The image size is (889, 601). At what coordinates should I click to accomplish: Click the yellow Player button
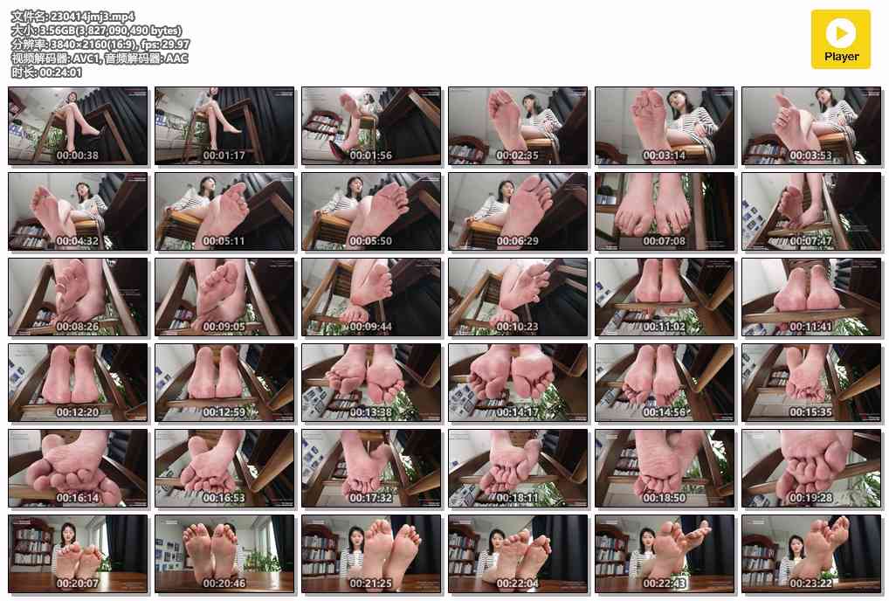point(840,39)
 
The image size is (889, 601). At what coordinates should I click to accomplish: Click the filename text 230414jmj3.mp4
point(93,17)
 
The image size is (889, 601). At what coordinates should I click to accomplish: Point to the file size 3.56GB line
point(97,30)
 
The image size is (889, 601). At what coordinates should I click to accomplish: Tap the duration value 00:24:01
point(60,72)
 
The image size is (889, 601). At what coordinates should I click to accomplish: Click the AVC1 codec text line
point(100,58)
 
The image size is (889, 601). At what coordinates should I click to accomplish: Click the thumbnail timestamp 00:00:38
point(78,155)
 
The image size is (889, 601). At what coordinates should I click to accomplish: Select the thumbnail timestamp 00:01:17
point(224,155)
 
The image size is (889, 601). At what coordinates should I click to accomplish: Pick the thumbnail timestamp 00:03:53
point(811,155)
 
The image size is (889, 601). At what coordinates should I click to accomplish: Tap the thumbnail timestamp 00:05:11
point(224,240)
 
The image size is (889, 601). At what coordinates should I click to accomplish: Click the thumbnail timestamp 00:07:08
point(665,240)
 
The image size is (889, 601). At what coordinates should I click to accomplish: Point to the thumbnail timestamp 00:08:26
point(78,326)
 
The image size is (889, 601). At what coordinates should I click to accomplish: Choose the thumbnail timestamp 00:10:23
point(518,326)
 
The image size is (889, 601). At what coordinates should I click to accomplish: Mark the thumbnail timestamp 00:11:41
point(811,326)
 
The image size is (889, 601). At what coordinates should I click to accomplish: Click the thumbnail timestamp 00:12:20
point(78,411)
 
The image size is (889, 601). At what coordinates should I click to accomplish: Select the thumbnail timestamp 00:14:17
point(518,411)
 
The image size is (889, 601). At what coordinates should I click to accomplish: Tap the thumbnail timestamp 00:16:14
point(78,497)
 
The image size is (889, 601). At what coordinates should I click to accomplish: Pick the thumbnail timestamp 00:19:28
point(811,497)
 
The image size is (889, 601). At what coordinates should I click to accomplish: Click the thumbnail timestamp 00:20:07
point(78,583)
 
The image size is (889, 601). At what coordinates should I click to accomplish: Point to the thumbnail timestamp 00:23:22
point(811,583)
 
